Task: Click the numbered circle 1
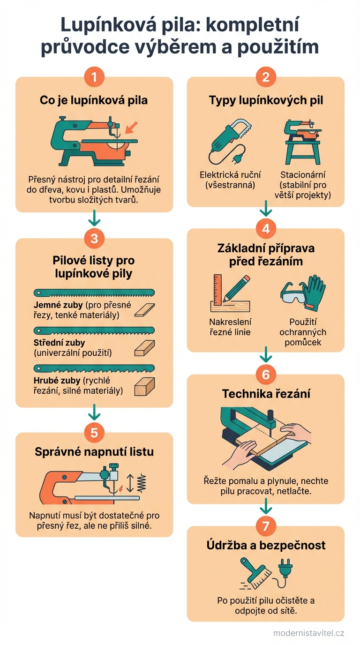[94, 77]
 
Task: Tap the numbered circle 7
[266, 525]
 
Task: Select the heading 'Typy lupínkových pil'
[266, 100]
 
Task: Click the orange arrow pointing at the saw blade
[133, 126]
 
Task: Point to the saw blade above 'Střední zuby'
[94, 330]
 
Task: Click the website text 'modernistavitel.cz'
[308, 633]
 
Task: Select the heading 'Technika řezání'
[266, 394]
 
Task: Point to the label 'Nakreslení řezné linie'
[230, 327]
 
